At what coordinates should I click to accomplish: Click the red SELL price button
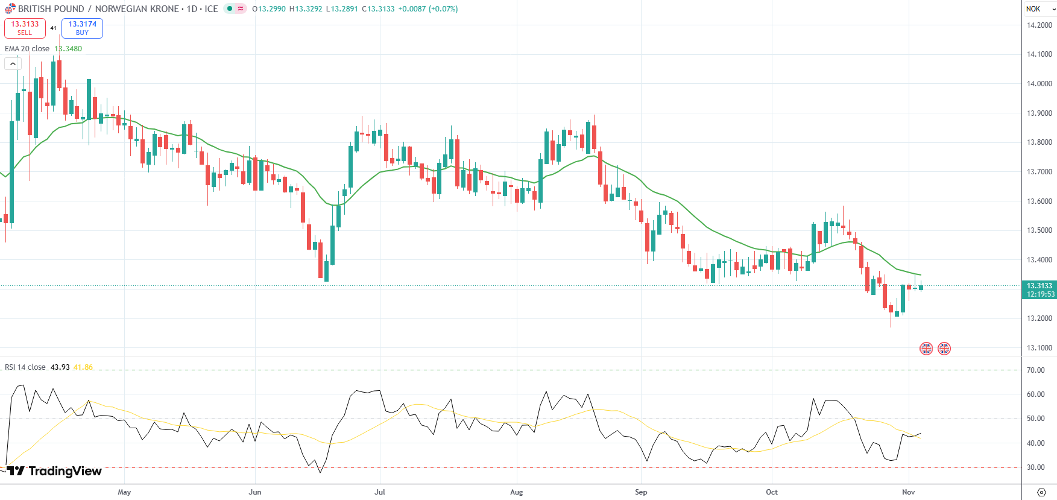[x=25, y=28]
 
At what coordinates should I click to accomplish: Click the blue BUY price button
[x=82, y=28]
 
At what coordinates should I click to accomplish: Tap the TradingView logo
[x=54, y=471]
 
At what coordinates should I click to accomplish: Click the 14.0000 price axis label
[x=1039, y=84]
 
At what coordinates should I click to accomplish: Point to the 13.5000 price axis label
[x=1039, y=230]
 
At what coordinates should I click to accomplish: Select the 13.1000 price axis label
[x=1039, y=348]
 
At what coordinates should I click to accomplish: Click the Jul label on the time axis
[x=380, y=492]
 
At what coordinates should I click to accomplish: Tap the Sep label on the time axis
[x=641, y=492]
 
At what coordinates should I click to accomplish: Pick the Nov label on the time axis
[x=908, y=492]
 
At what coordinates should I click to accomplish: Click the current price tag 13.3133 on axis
[x=1040, y=286]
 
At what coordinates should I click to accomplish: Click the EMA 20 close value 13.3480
[x=68, y=49]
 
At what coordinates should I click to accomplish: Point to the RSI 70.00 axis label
[x=1036, y=370]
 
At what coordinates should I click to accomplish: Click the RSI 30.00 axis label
[x=1036, y=467]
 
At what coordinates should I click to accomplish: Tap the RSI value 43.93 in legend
[x=60, y=367]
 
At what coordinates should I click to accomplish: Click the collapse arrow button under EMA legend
[x=13, y=63]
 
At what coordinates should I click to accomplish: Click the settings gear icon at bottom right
[x=1041, y=492]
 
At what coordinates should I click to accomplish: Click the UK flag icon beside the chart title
[x=10, y=9]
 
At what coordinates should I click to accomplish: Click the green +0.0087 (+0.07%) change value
[x=428, y=9]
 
